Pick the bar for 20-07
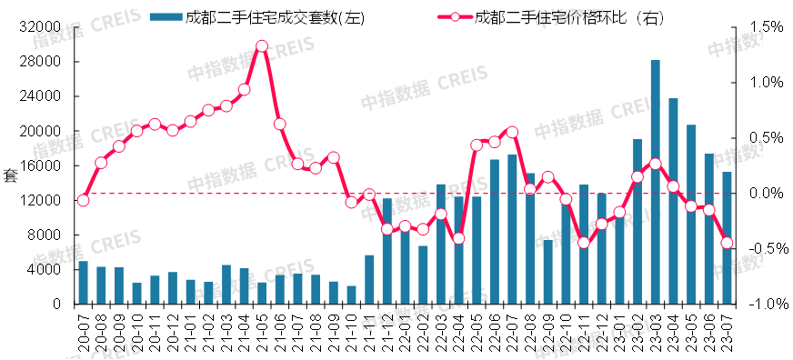pos(83,283)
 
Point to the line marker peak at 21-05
pos(262,45)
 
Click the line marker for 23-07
pos(727,243)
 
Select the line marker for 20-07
pos(83,200)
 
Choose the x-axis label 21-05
pos(262,327)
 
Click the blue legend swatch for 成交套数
pos(163,16)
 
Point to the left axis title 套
pos(10,175)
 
